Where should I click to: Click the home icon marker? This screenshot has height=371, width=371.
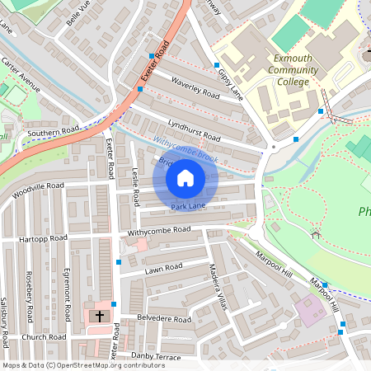(185, 177)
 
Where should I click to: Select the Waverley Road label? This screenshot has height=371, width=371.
(195, 87)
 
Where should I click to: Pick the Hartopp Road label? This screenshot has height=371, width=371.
(43, 238)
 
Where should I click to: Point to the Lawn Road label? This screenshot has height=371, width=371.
(163, 268)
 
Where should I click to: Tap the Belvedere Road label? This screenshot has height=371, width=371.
(164, 319)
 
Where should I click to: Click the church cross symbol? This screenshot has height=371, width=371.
(100, 315)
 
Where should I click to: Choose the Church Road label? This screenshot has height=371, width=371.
(44, 337)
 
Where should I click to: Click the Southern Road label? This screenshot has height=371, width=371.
(52, 130)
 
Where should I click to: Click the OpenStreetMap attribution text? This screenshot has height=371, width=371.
(82, 365)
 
